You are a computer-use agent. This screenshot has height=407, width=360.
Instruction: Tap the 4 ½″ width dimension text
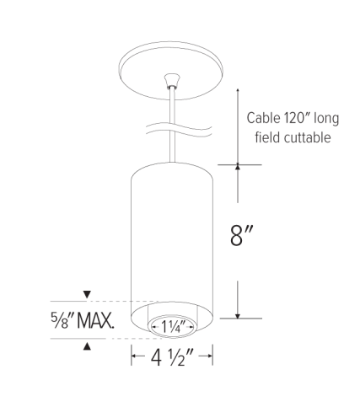(172, 358)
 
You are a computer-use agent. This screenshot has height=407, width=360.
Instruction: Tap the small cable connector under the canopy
(172, 82)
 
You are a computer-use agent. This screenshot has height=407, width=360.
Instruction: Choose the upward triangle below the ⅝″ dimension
(87, 345)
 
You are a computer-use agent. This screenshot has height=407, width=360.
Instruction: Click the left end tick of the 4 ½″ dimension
(132, 358)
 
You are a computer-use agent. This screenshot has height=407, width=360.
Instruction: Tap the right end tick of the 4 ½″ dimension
(211, 358)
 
